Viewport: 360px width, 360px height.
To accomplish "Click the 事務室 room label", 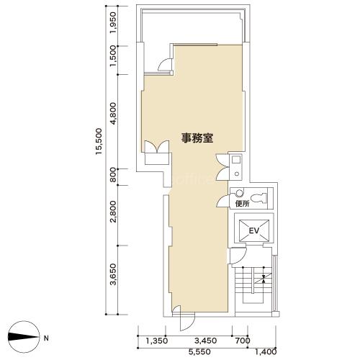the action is (197, 138).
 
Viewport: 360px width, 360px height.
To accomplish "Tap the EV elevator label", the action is (254, 231).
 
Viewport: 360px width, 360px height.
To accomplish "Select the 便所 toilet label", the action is (243, 204).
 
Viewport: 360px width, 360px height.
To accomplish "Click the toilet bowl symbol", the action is (258, 198).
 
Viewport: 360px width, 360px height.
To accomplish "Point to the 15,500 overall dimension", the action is (99, 141).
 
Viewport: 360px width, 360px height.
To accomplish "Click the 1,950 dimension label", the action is (113, 22).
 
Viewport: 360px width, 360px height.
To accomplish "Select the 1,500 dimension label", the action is (113, 56).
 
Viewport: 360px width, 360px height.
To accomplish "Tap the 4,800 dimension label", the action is (113, 113).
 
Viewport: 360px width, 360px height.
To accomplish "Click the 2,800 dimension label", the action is (113, 212).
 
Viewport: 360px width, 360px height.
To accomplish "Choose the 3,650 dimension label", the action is (113, 274).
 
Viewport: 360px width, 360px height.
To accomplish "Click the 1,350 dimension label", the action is (157, 341).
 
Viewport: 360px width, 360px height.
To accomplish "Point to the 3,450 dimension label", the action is (206, 341).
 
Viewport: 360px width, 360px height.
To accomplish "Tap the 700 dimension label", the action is (243, 341).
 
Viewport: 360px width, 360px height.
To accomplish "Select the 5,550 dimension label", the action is (199, 352).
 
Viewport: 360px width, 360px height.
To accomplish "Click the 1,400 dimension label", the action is (266, 352).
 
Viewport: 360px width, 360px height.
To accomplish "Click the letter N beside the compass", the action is (46, 338).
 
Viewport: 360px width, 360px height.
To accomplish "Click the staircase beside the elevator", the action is (253, 289).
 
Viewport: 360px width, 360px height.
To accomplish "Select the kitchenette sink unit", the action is (236, 167).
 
